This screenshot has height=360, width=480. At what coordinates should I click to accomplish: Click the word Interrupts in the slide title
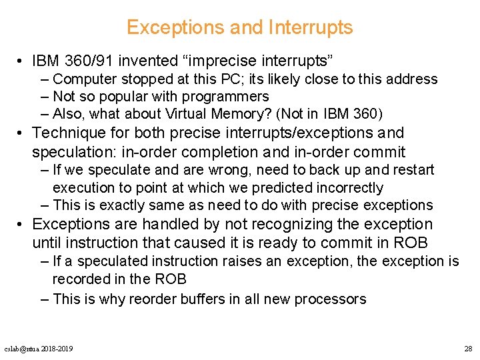click(310, 27)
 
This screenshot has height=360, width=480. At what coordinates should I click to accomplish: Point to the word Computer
click(84, 79)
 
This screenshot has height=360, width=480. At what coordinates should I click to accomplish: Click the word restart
click(411, 170)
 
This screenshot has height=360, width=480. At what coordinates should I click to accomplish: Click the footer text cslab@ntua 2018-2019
click(39, 349)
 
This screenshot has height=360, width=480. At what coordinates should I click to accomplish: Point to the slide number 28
click(467, 349)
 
